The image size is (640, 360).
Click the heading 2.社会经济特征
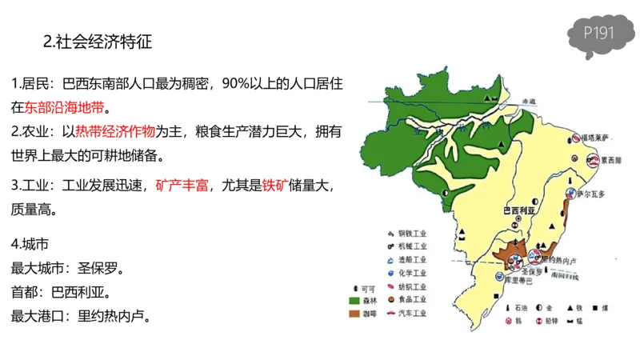[x=98, y=42]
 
